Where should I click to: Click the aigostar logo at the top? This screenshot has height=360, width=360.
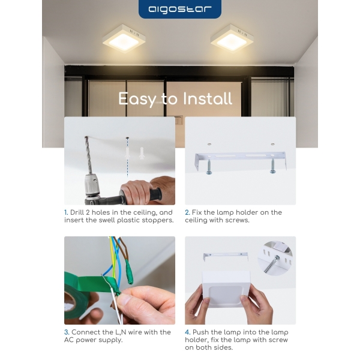tap(180, 9)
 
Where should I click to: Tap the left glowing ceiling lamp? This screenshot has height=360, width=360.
tap(124, 38)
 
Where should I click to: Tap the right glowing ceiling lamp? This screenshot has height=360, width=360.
tap(232, 38)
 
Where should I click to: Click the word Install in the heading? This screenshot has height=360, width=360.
tap(208, 99)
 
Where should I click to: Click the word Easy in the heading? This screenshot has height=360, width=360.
tap(137, 99)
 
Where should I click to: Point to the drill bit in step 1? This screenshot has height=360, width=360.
tap(88, 155)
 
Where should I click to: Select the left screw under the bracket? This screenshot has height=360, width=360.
tap(209, 167)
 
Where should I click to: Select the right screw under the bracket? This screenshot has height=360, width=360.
tap(273, 166)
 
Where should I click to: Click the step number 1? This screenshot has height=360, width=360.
tap(66, 212)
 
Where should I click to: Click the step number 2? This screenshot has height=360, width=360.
tap(187, 212)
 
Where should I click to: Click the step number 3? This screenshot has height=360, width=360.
tap(67, 332)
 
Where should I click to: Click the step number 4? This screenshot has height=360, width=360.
tap(188, 332)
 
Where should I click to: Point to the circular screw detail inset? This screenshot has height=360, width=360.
tap(275, 258)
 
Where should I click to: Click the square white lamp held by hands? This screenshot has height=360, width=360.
tap(226, 289)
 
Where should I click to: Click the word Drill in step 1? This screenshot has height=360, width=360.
tap(77, 212)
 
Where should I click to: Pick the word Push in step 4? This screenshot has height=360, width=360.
tap(200, 332)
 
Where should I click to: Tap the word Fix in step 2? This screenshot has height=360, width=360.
tap(197, 212)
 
